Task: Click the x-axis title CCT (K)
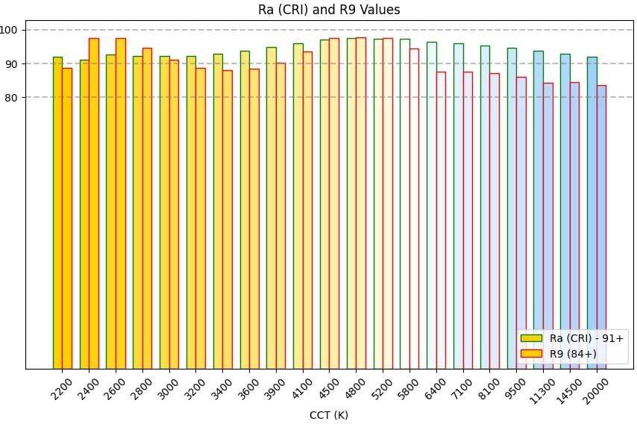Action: pyautogui.click(x=329, y=415)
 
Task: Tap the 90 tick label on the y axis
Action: pyautogui.click(x=16, y=63)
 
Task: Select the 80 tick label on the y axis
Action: pyautogui.click(x=16, y=97)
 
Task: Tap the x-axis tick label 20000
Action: pyautogui.click(x=595, y=390)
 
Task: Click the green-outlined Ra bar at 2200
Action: pyautogui.click(x=57, y=213)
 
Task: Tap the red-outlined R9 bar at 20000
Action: pyautogui.click(x=601, y=227)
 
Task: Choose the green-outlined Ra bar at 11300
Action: pyautogui.click(x=538, y=210)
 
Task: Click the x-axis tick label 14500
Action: pyautogui.click(x=569, y=390)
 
